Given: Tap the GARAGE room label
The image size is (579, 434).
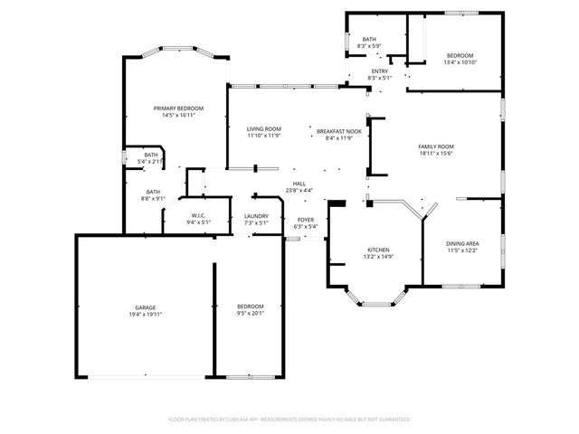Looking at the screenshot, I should pyautogui.click(x=145, y=307).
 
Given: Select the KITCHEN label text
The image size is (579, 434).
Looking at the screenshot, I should pyautogui.click(x=377, y=249).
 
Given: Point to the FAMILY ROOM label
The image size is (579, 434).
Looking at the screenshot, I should pyautogui.click(x=435, y=146).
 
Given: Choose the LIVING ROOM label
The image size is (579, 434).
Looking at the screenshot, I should pyautogui.click(x=264, y=130).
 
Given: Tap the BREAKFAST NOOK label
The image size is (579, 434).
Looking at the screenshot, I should pyautogui.click(x=339, y=130).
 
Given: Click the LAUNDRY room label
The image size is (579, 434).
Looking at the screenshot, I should pyautogui.click(x=256, y=216).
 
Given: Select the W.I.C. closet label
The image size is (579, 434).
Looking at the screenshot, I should pyautogui.click(x=198, y=215).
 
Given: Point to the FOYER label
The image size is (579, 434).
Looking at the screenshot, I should pyautogui.click(x=306, y=220).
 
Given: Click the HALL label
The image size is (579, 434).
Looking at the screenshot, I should pyautogui.click(x=299, y=184).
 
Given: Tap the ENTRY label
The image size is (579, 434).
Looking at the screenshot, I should pyautogui.click(x=379, y=71).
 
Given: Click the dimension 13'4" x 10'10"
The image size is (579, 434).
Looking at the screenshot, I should pyautogui.click(x=459, y=63).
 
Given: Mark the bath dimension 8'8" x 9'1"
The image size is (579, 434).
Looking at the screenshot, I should pyautogui.click(x=153, y=199).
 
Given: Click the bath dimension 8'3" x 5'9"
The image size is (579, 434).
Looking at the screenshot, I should pyautogui.click(x=369, y=46).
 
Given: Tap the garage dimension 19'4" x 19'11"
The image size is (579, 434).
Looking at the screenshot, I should pyautogui.click(x=145, y=315).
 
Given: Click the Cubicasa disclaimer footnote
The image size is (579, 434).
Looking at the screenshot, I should pyautogui.click(x=289, y=420).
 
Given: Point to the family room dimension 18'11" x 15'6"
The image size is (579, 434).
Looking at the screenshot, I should pyautogui.click(x=435, y=154).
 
